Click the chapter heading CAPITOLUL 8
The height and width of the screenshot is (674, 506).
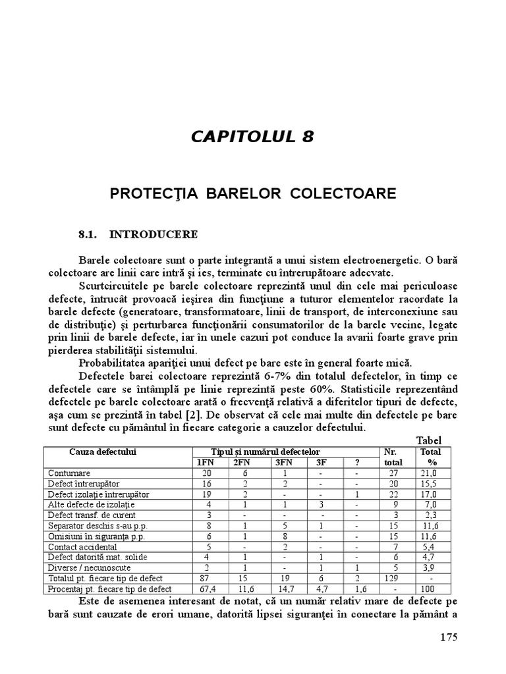(252, 137)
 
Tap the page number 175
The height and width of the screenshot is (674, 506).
(447, 637)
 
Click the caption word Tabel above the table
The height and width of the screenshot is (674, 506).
(428, 440)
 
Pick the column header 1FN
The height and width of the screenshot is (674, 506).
(207, 462)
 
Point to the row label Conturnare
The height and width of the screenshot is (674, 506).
(69, 473)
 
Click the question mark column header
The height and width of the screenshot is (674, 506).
(356, 462)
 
